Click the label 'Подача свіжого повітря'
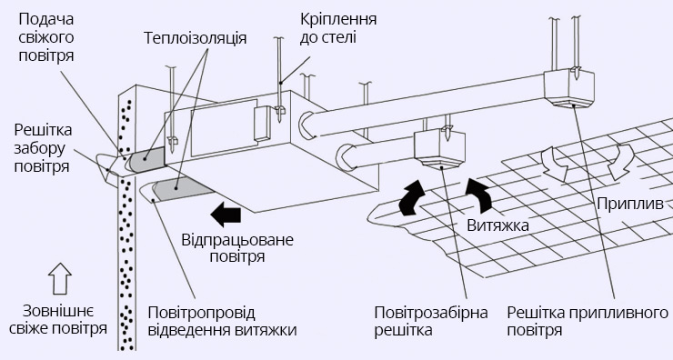45,36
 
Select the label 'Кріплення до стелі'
328,28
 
